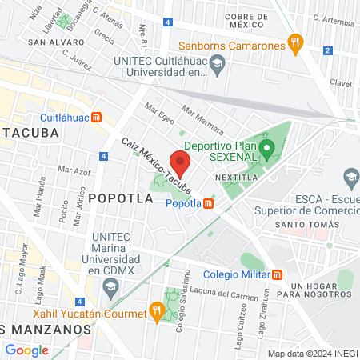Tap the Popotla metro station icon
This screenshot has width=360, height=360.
point(208,203)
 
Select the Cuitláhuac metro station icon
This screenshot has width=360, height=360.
point(97,117)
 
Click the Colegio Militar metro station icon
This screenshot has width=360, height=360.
point(278,275)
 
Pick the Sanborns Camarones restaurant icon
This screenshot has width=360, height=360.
point(296,45)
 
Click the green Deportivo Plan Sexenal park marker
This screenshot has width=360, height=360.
point(270,148)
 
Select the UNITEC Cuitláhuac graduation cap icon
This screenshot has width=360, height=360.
point(218,69)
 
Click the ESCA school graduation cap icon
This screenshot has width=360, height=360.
point(350,175)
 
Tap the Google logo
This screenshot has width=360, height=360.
point(26,350)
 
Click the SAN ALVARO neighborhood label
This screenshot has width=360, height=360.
point(51,41)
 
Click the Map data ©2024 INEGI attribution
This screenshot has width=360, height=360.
point(312,354)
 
